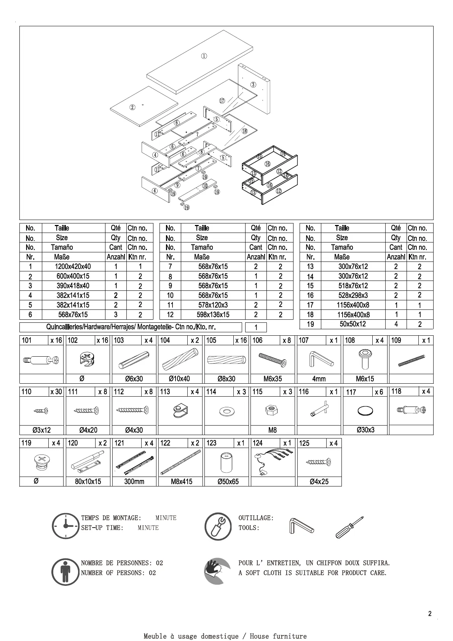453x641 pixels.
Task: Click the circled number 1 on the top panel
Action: pyautogui.click(x=204, y=56)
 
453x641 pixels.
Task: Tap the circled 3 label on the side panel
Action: pyautogui.click(x=253, y=85)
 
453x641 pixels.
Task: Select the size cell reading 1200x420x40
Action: pyautogui.click(x=73, y=266)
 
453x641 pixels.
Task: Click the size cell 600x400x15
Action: pyautogui.click(x=73, y=276)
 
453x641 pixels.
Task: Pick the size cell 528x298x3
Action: pyautogui.click(x=353, y=295)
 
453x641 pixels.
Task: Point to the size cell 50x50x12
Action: pyautogui.click(x=353, y=324)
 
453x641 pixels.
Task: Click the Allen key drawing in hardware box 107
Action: pyautogui.click(x=319, y=360)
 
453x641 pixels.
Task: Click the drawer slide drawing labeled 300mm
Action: pyautogui.click(x=134, y=462)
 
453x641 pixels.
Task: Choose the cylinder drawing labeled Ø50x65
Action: pyautogui.click(x=227, y=462)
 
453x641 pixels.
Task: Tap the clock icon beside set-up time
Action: pyautogui.click(x=66, y=526)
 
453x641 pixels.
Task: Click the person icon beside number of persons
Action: pyautogui.click(x=65, y=572)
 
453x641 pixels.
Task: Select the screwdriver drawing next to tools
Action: pyautogui.click(x=349, y=527)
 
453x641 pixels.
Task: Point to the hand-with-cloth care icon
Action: pyautogui.click(x=217, y=571)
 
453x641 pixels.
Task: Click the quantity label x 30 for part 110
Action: pyautogui.click(x=56, y=392)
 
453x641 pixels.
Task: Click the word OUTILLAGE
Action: pyautogui.click(x=255, y=518)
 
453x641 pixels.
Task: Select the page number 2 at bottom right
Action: pyautogui.click(x=430, y=614)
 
